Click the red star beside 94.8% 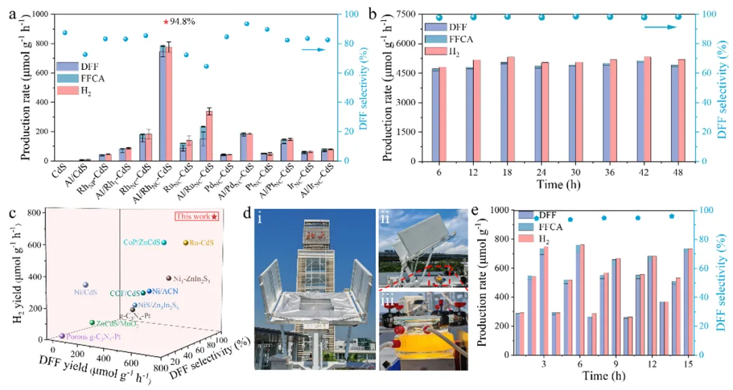166,22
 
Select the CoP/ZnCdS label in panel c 140,242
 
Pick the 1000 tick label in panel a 37,14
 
